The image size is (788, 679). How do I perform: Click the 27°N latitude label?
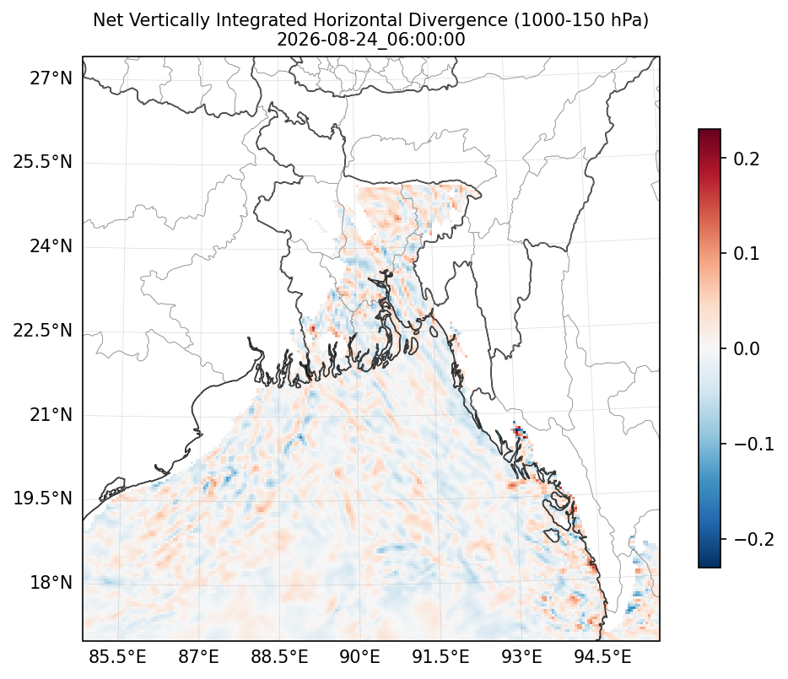click(x=51, y=79)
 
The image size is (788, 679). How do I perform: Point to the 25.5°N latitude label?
click(x=43, y=163)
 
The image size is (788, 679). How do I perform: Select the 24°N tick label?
click(x=51, y=247)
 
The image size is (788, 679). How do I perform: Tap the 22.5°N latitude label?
click(x=43, y=331)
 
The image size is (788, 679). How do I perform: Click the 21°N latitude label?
click(x=51, y=416)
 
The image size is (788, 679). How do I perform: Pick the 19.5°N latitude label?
click(x=43, y=499)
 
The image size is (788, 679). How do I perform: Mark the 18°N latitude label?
click(x=51, y=584)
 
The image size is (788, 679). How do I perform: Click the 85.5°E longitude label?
click(x=117, y=657)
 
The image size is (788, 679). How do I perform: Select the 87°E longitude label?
click(x=198, y=657)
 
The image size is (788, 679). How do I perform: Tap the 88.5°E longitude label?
click(x=279, y=657)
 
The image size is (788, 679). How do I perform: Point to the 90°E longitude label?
click(x=360, y=657)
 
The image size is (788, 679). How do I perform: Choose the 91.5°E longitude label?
click(x=440, y=657)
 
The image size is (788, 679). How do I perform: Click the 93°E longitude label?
click(x=522, y=657)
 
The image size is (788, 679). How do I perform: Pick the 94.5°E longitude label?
click(x=602, y=657)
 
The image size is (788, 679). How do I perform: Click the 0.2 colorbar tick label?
click(x=747, y=159)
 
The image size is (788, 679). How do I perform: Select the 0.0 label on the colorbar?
click(x=747, y=349)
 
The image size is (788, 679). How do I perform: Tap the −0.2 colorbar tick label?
click(x=753, y=539)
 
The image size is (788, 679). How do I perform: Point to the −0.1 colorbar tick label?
click(x=753, y=445)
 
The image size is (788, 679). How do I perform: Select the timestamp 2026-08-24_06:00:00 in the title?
click(x=371, y=39)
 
